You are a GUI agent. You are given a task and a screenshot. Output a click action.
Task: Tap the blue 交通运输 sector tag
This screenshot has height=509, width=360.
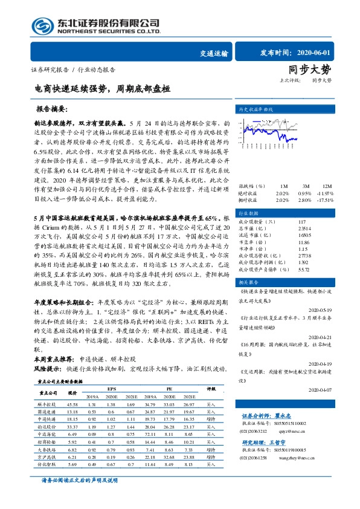[213, 53]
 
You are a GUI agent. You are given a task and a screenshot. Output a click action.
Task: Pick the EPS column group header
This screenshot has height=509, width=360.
[112, 388]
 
